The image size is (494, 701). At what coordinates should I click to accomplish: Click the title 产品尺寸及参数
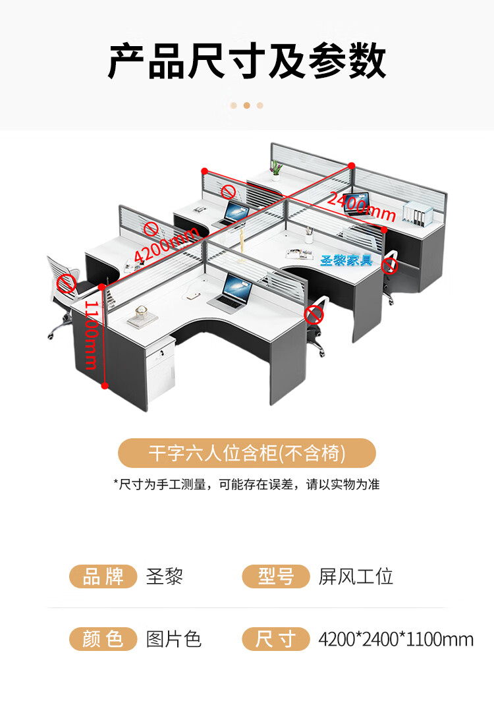click(x=247, y=61)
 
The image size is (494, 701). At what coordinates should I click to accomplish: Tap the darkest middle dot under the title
click(x=246, y=105)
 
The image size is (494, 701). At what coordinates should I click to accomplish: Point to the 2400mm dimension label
click(x=362, y=206)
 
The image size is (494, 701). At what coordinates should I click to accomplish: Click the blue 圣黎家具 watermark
click(x=346, y=260)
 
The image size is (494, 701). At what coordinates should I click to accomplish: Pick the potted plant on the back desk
click(x=277, y=169)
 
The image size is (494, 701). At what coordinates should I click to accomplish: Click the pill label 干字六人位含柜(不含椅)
click(x=246, y=453)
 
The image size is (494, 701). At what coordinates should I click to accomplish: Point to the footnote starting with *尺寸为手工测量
click(x=246, y=485)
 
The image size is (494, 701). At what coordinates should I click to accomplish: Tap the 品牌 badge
click(x=103, y=576)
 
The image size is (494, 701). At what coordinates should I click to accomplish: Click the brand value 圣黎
click(x=164, y=576)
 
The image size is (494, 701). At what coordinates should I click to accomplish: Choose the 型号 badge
click(x=275, y=576)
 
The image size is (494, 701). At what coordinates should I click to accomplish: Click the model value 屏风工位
click(x=356, y=576)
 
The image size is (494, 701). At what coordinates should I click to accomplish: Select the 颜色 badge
click(x=103, y=638)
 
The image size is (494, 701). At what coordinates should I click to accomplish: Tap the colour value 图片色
click(x=174, y=638)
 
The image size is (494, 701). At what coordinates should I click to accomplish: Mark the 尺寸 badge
click(x=275, y=638)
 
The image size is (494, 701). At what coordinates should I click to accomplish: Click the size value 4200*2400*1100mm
click(x=396, y=638)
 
